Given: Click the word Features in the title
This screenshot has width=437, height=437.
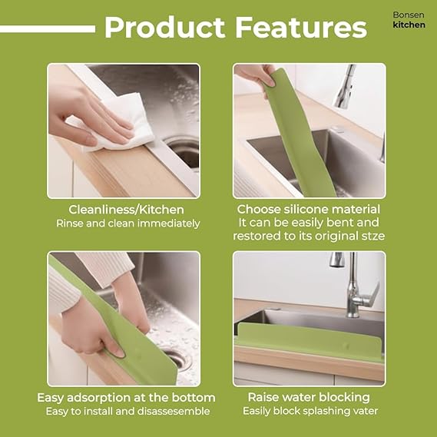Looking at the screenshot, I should pos(300,28).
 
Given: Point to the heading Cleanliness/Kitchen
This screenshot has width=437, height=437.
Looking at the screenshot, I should pos(127,209).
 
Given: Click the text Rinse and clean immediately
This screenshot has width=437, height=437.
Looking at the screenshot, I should pos(127,223).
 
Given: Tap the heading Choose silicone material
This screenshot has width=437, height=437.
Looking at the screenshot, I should pos(308,209).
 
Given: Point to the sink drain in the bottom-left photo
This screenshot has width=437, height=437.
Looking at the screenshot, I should pos(174,359).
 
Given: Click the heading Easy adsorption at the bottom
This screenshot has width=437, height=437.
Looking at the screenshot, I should pos(126,397).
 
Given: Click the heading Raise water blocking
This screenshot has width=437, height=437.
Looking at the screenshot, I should pos(308,397).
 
